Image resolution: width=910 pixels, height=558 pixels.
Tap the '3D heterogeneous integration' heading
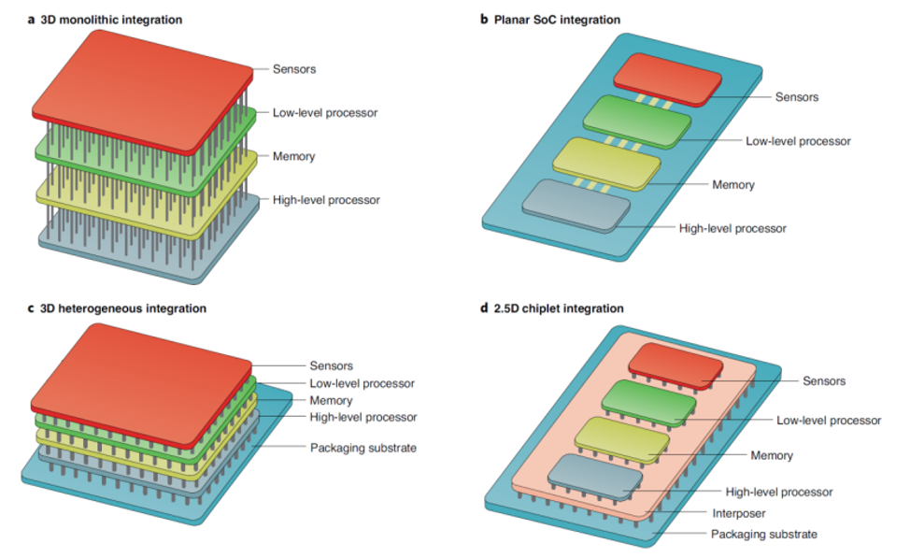pyautogui.click(x=122, y=308)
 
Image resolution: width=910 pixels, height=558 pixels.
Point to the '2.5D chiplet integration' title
pyautogui.click(x=559, y=308)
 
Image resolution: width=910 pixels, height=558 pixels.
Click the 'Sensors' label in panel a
pyautogui.click(x=294, y=69)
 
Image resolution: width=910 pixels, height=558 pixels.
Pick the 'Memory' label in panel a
pyautogui.click(x=293, y=156)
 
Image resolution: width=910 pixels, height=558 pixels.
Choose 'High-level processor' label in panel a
pyautogui.click(x=326, y=199)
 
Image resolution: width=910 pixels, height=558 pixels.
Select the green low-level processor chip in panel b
pyautogui.click(x=635, y=121)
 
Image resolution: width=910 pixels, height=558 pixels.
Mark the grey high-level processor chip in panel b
pyautogui.click(x=575, y=200)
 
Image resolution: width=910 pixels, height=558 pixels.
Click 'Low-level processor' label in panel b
pyautogui.click(x=798, y=141)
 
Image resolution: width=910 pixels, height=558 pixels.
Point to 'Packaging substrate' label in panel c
pyautogui.click(x=363, y=448)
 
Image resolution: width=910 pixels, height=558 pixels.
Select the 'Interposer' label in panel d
pyautogui.click(x=738, y=513)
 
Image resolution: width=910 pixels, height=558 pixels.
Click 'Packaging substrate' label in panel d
pyautogui.click(x=763, y=534)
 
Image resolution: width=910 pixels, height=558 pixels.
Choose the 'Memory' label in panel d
pyautogui.click(x=771, y=455)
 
